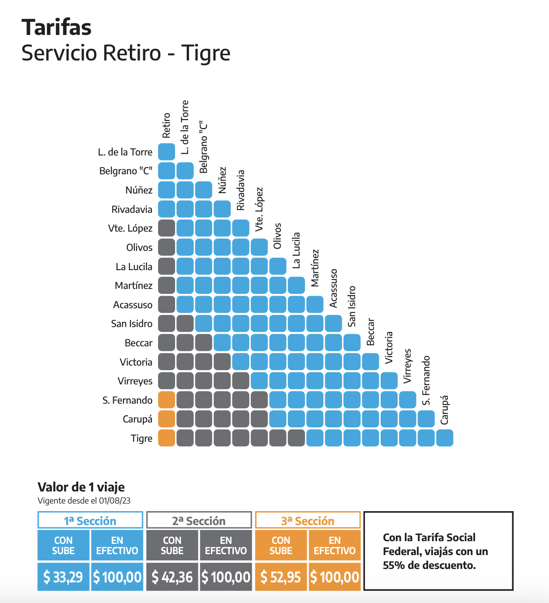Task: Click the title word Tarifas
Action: pos(56,27)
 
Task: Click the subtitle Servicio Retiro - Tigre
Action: pos(126,53)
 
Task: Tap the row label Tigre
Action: pos(142,438)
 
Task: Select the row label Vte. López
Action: pos(130,228)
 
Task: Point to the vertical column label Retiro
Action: pos(167,125)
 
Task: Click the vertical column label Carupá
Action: pos(444,410)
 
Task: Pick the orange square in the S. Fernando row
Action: pos(167,400)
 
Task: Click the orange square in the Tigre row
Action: pos(167,438)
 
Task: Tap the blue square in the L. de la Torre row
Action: pos(167,152)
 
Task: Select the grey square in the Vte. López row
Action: pos(167,228)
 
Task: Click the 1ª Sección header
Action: pos(90,521)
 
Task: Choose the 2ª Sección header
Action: pos(199,521)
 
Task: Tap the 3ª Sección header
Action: pos(308,521)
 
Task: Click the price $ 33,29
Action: pos(63,577)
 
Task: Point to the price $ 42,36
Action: pos(172,577)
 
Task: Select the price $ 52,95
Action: pos(281,577)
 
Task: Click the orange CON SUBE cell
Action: pos(281,545)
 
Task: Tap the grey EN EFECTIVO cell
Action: pos(226,545)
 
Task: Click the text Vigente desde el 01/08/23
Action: pos(84,501)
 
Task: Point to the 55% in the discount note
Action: pos(394,565)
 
